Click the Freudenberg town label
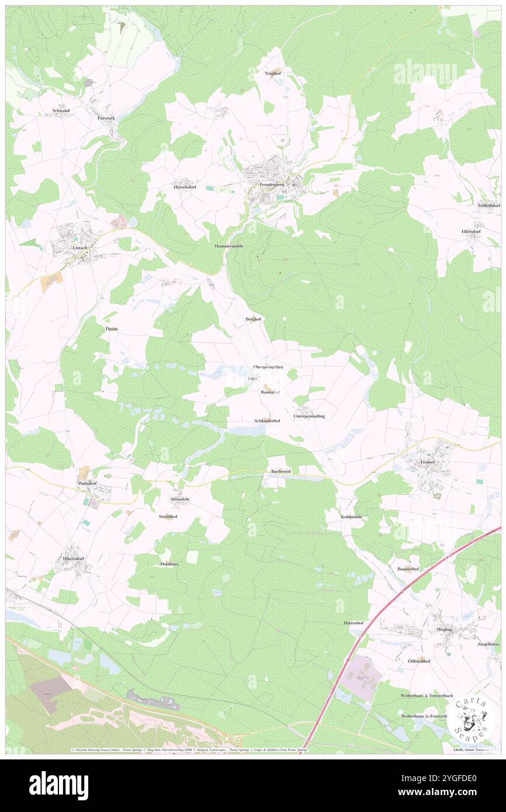pyautogui.click(x=272, y=184)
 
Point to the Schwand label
pyautogui.click(x=61, y=110)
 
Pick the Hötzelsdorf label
pyautogui.click(x=185, y=188)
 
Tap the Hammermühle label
pyautogui.click(x=229, y=247)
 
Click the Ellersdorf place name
pyautogui.click(x=470, y=231)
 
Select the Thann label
pyautogui.click(x=111, y=329)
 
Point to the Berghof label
pyautogui.click(x=253, y=319)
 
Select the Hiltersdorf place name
pyautogui.click(x=74, y=558)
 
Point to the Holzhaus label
pyautogui.click(x=169, y=564)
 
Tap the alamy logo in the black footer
pyautogui.click(x=58, y=785)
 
